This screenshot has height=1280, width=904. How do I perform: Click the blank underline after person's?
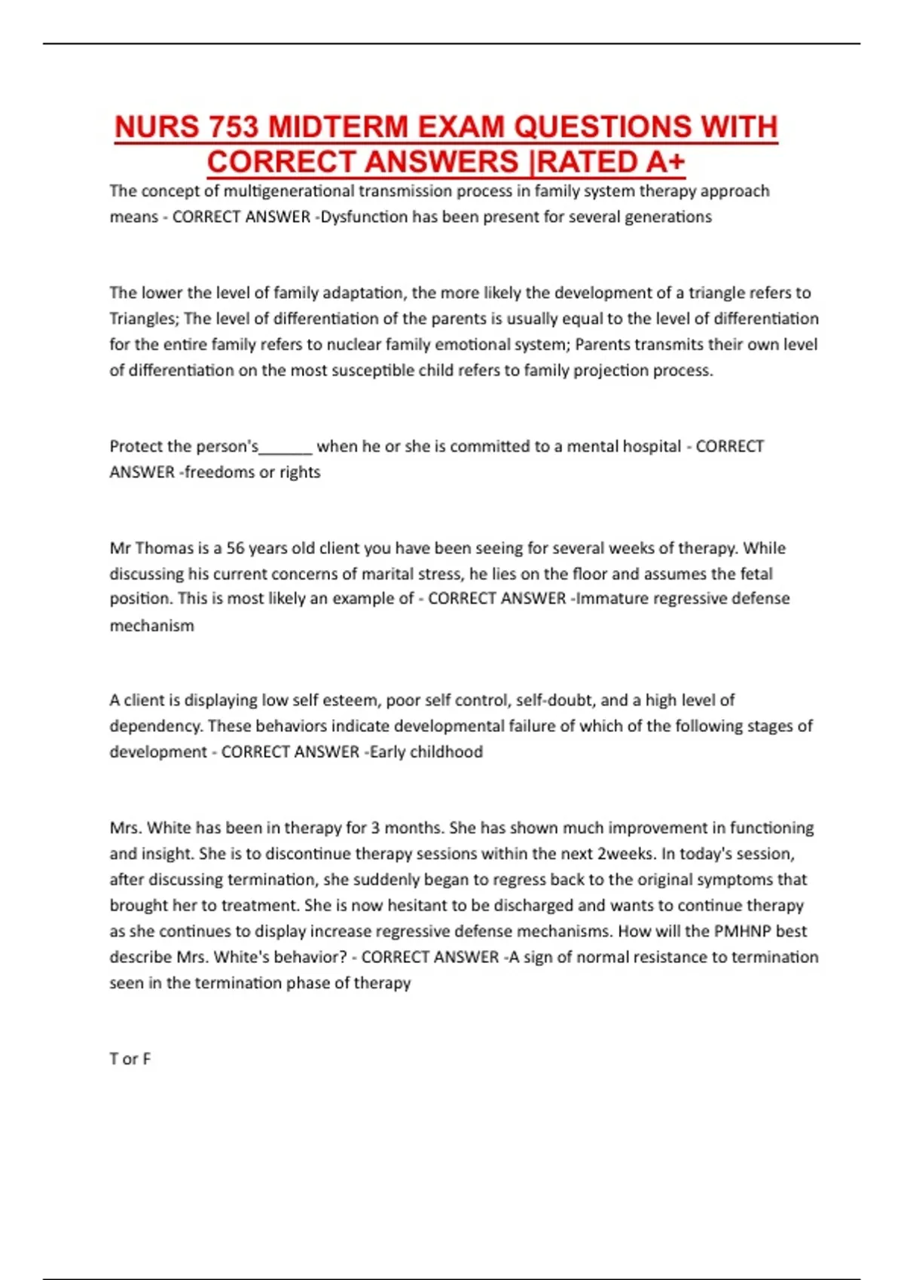(286, 446)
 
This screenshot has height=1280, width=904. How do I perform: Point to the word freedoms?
(218, 472)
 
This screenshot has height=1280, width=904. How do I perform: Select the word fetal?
(753, 574)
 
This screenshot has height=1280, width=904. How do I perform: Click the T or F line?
(130, 1059)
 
